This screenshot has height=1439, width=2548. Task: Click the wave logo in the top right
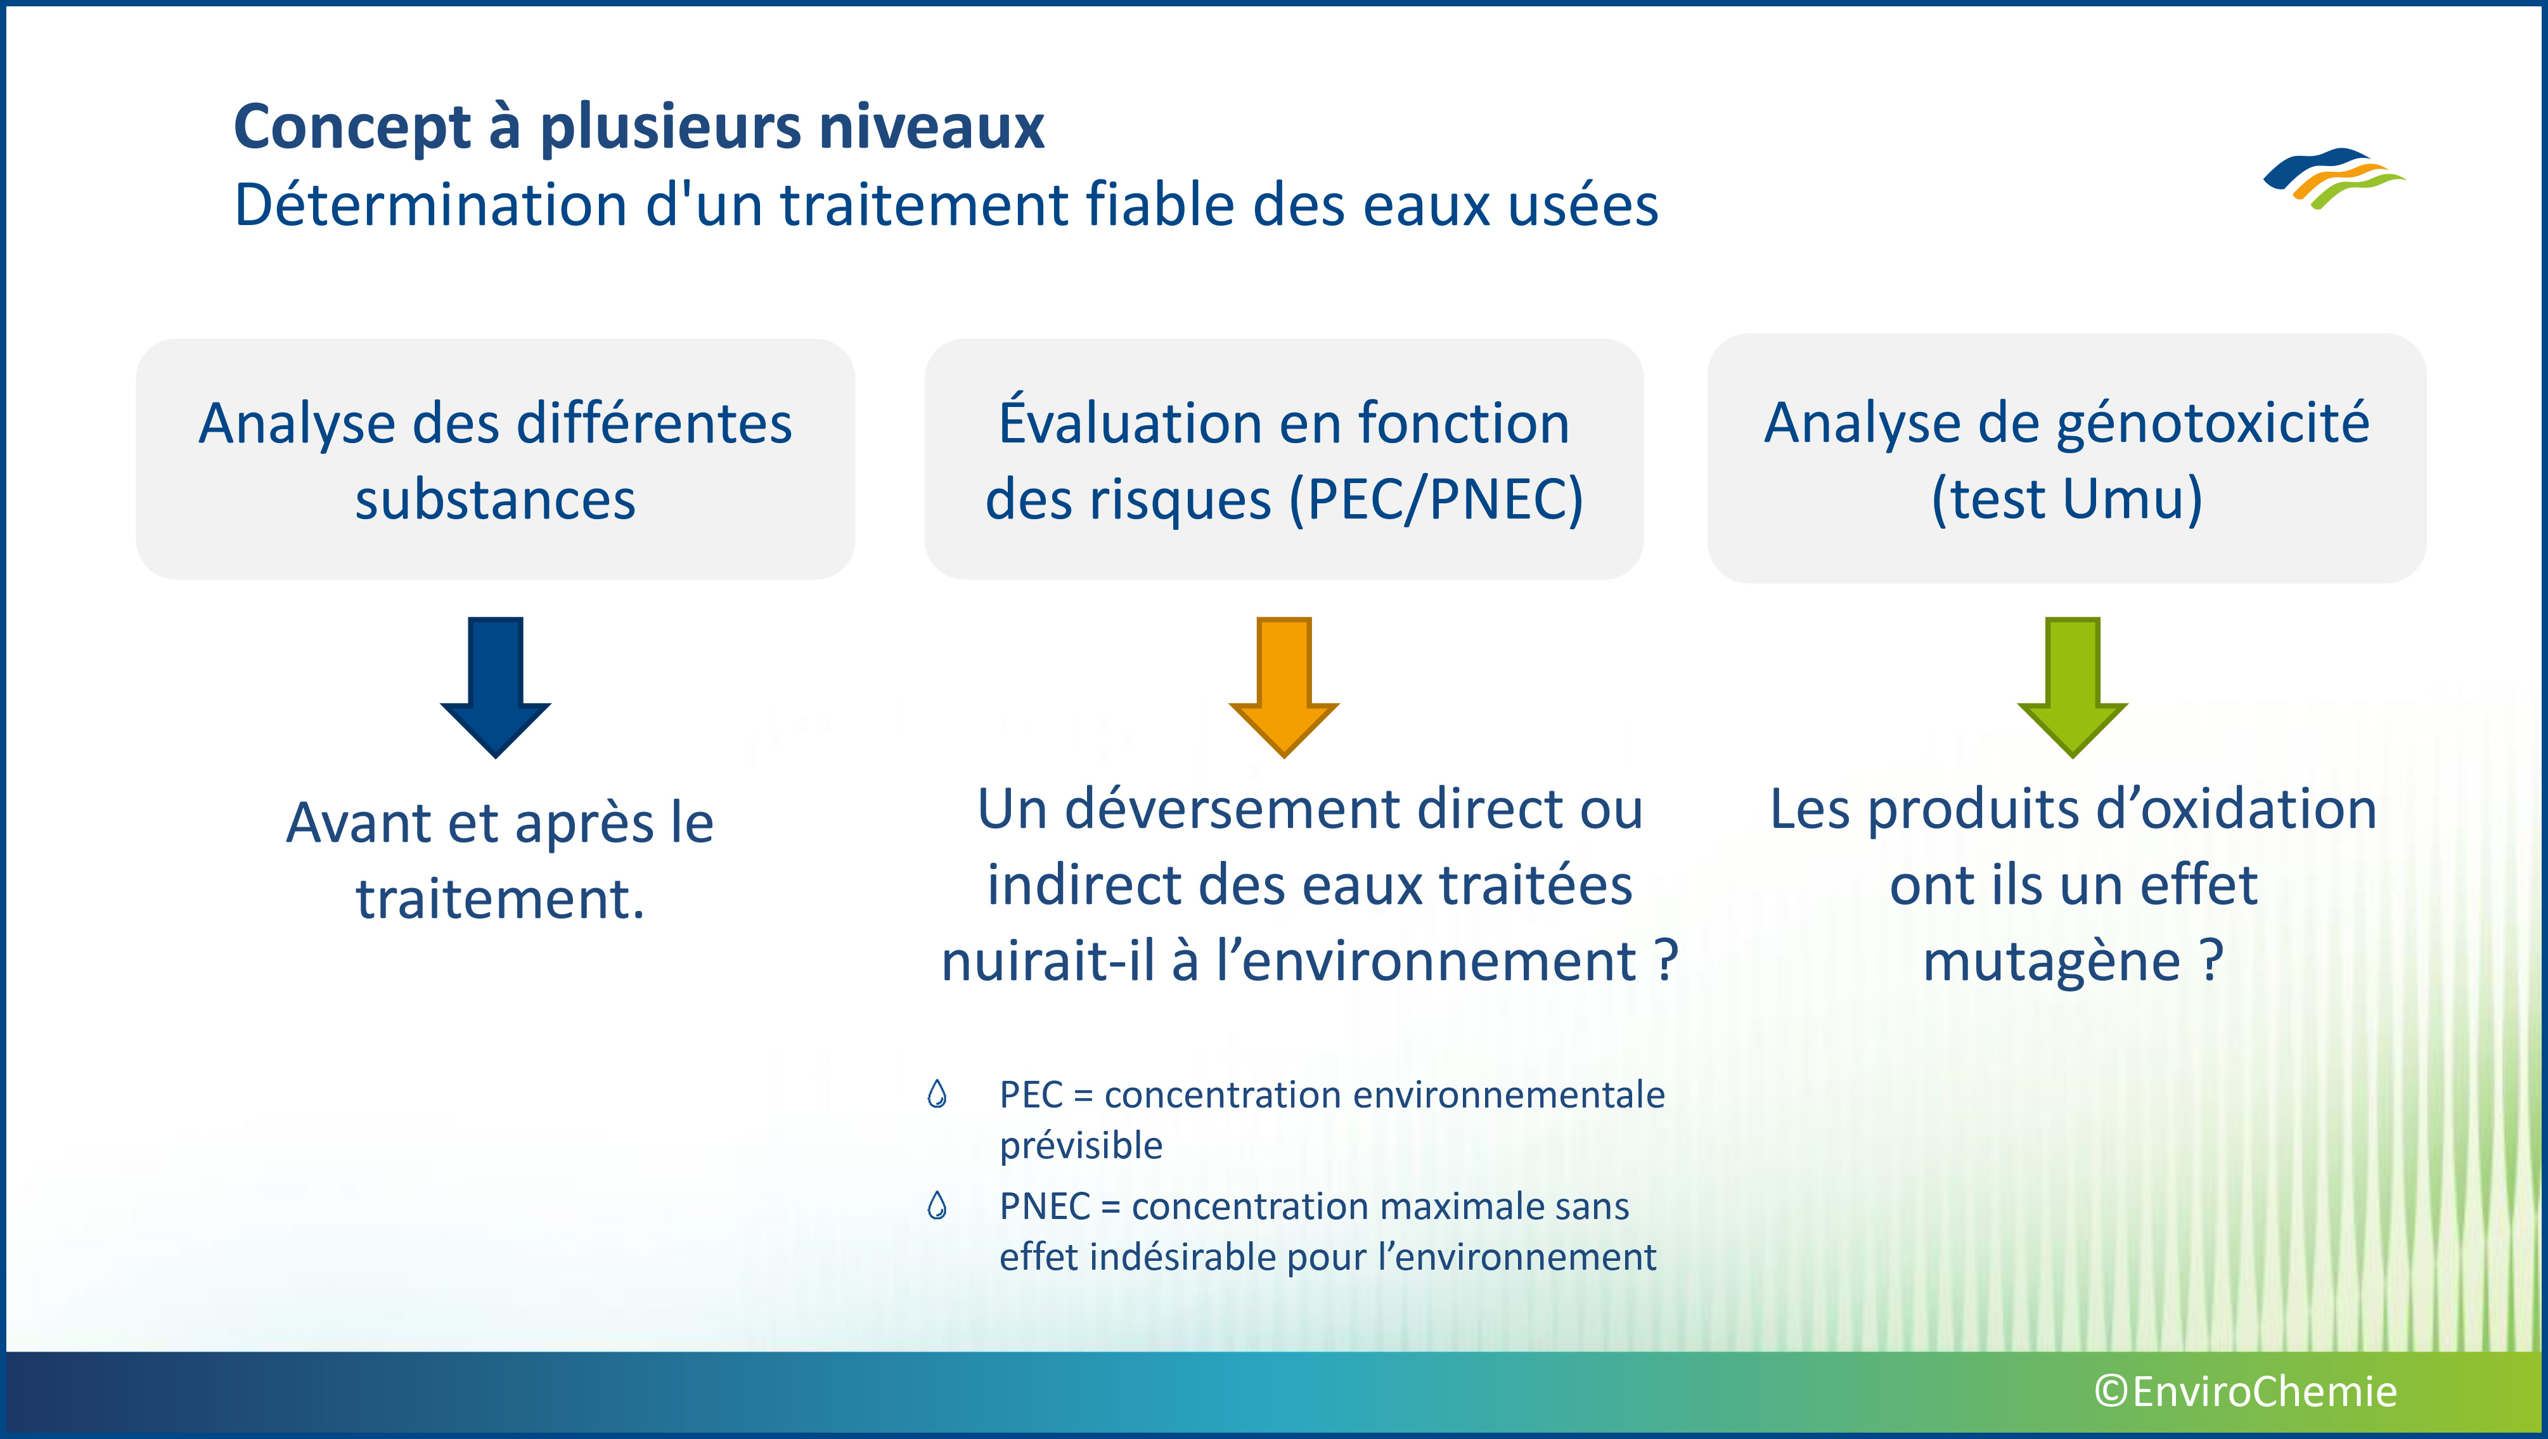tap(2334, 179)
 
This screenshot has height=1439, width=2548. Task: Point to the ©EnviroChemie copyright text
tap(2245, 1391)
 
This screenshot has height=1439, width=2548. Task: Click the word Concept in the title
tap(353, 127)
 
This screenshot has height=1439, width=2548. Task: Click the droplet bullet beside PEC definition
tap(937, 1094)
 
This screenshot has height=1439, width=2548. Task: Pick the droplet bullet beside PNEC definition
tap(937, 1206)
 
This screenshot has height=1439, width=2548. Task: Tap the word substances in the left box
tap(496, 500)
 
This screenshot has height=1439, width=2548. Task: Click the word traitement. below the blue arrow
tap(501, 899)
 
